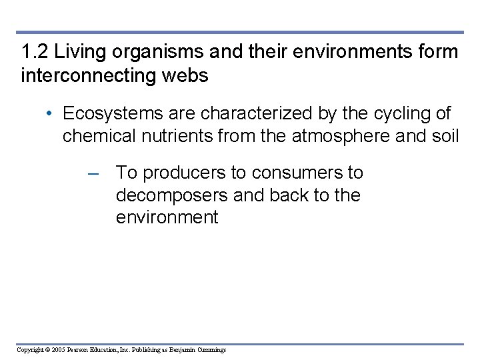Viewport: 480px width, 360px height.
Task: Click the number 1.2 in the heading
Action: click(33, 52)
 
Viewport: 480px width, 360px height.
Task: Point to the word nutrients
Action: click(177, 136)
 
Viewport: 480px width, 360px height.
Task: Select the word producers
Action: click(185, 173)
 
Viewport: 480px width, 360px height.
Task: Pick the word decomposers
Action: click(169, 196)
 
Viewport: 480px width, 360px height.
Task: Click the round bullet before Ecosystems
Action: click(51, 114)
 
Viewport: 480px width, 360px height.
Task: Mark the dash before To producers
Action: click(94, 173)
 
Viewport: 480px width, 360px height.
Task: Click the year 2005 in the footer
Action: click(57, 349)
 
